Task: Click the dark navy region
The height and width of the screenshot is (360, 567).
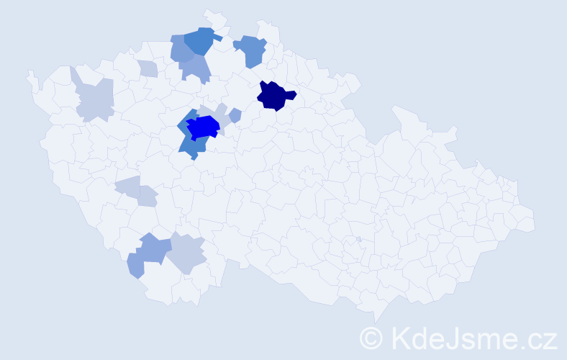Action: click(x=274, y=96)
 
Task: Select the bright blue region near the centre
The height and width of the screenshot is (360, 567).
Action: click(x=204, y=127)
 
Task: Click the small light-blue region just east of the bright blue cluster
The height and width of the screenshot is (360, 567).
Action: click(x=235, y=114)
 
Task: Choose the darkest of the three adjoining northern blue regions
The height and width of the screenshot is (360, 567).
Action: click(x=199, y=41)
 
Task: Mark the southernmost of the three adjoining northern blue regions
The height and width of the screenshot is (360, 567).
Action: click(x=196, y=69)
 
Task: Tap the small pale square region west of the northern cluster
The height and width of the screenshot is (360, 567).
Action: click(x=148, y=69)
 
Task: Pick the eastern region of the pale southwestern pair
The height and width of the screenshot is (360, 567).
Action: click(x=147, y=197)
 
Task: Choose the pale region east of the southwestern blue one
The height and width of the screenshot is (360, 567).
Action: click(x=186, y=253)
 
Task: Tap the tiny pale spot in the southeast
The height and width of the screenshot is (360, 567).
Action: click(x=358, y=240)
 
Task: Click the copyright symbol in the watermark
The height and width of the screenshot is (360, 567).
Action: click(x=371, y=338)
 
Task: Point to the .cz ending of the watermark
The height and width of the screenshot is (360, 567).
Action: click(x=535, y=338)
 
